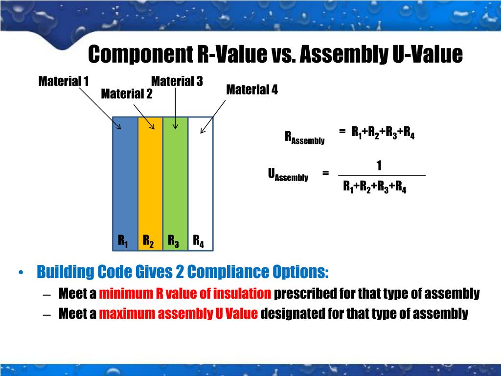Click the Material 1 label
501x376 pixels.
pos(64,81)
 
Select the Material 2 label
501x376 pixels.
pos(126,94)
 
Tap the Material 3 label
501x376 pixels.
pos(177,81)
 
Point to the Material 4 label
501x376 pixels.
pos(251,90)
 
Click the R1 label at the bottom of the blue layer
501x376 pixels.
pos(123,241)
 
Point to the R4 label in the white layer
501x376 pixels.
pos(198,241)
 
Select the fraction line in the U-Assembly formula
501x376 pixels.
pos(382,175)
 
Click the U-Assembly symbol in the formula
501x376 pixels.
pos(288,175)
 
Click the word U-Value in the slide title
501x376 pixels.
pos(427,54)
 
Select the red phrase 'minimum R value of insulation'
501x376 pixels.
pos(185,294)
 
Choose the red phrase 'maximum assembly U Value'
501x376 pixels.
pos(178,313)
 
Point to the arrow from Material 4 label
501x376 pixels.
pos(213,117)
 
